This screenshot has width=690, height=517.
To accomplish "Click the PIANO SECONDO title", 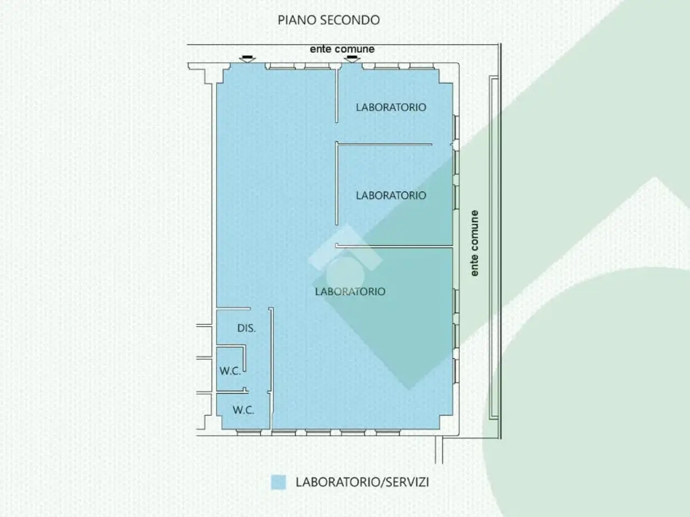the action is (x=329, y=20).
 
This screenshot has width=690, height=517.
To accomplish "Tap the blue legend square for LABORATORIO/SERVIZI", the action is (x=279, y=482).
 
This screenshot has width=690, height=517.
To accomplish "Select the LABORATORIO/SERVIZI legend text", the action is (x=362, y=482).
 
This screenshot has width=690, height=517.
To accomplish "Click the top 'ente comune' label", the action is (x=342, y=49).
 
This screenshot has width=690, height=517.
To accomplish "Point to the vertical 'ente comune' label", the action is (x=474, y=243).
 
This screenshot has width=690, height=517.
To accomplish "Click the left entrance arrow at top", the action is (x=247, y=59).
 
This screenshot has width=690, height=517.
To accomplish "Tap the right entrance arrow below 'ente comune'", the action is (x=352, y=59).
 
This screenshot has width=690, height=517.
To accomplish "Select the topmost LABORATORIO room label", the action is (x=391, y=107).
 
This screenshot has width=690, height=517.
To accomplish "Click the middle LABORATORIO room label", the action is (x=391, y=195).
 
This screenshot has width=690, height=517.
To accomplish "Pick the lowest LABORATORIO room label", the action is (x=350, y=291).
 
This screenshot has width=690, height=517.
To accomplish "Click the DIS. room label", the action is (x=246, y=329).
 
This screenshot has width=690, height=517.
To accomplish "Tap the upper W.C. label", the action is (x=230, y=371).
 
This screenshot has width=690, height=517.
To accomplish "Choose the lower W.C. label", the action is (x=243, y=410).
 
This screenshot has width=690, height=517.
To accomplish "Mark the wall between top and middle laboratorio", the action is (x=384, y=144).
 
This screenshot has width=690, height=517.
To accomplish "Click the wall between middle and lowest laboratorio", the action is (x=394, y=247).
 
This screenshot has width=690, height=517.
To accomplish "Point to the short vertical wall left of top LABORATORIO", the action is (x=337, y=96).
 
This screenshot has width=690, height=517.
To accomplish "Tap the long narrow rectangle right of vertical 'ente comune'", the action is (x=494, y=248).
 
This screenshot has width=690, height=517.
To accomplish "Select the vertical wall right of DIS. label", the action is (x=272, y=368).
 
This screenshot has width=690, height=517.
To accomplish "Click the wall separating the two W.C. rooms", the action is (x=232, y=391).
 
